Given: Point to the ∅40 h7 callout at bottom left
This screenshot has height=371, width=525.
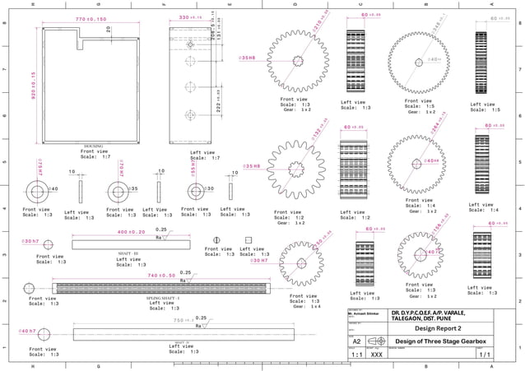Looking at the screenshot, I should click(27, 331).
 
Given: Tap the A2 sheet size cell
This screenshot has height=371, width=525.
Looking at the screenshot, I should click(356, 341).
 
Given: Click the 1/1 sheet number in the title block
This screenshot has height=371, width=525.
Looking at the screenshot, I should click(484, 355).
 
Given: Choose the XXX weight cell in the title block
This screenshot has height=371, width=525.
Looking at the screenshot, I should click(376, 355).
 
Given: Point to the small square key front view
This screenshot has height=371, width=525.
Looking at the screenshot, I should click(247, 241).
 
